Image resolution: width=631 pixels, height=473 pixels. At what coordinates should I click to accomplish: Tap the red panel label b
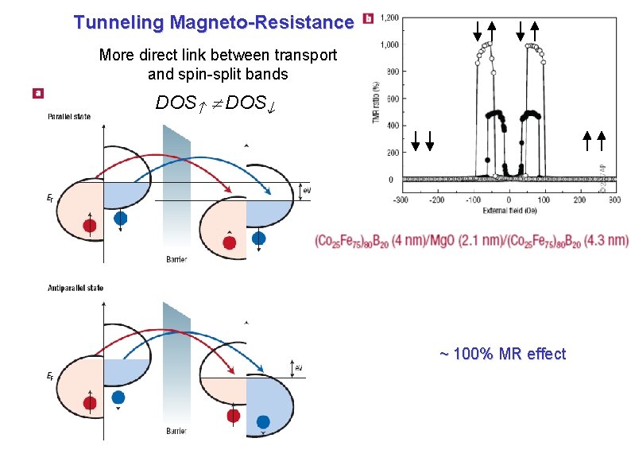pos(366,17)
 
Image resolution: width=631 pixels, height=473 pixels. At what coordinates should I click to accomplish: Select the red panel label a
pos(37,93)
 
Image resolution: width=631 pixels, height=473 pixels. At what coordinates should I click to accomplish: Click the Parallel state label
pos(68,117)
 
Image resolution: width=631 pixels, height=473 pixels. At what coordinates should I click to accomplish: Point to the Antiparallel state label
pos(75,288)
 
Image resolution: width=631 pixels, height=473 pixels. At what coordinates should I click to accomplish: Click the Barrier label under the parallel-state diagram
pos(176,260)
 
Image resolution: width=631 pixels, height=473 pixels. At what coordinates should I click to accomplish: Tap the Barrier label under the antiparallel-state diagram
pos(176,432)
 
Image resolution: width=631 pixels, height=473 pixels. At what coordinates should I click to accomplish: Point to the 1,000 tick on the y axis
pos(389,45)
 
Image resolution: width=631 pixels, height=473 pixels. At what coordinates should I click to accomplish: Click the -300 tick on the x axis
pos(401,200)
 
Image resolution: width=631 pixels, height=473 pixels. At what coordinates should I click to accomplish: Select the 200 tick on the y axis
pos(392,153)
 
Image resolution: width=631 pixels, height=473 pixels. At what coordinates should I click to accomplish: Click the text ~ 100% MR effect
pos(502,354)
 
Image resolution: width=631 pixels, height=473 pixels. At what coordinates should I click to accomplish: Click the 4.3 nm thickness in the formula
pos(606,240)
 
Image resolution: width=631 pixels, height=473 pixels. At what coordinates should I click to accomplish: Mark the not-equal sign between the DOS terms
pos(215,103)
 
